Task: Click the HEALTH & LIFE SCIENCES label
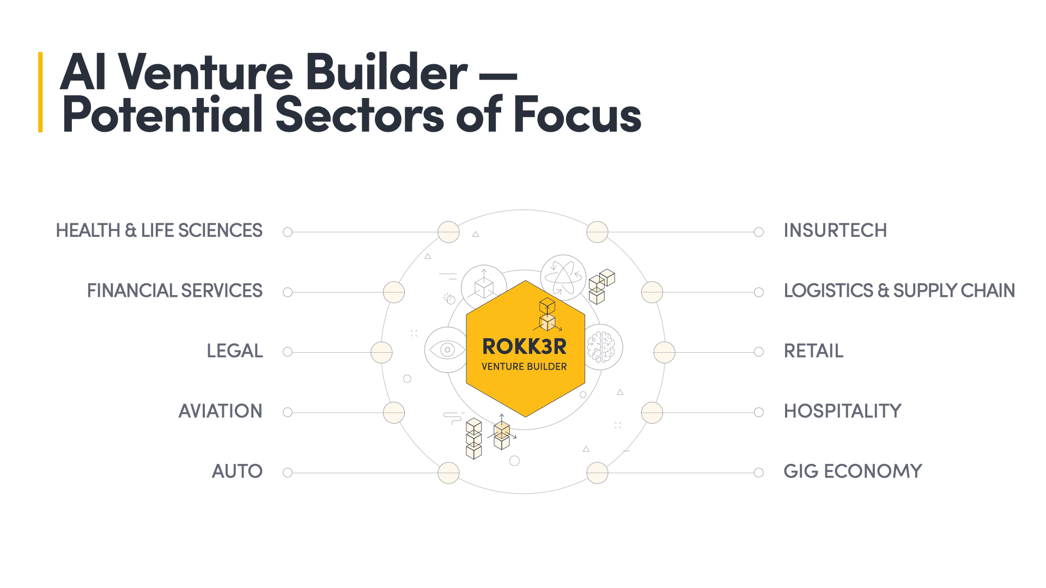(159, 231)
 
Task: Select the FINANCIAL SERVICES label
(174, 291)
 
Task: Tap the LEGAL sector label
(234, 351)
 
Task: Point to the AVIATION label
(220, 411)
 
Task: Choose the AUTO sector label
(237, 471)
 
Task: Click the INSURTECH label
(835, 231)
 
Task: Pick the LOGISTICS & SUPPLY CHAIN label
(899, 291)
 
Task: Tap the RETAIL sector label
(813, 351)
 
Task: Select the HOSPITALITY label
(842, 411)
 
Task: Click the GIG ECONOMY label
(853, 471)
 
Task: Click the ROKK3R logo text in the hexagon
(524, 347)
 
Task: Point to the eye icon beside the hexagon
(447, 350)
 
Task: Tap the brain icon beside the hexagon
(601, 347)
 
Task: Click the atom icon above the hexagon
(563, 277)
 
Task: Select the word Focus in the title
(577, 115)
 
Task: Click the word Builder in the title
(386, 72)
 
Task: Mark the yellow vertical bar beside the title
(40, 92)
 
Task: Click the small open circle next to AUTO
(288, 473)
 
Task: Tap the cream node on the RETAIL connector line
(664, 352)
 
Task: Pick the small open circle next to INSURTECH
(758, 232)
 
